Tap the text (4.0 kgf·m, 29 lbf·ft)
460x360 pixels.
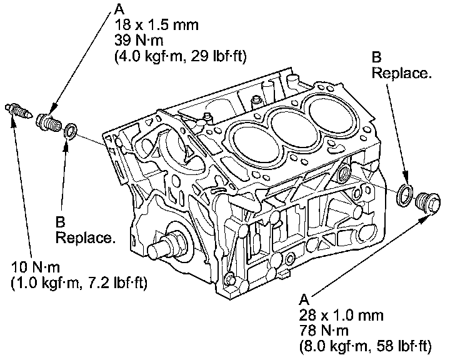click(x=181, y=56)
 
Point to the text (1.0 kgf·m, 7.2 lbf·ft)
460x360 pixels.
click(x=79, y=284)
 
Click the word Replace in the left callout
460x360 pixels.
click(x=85, y=238)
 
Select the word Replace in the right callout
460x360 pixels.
click(x=401, y=73)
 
